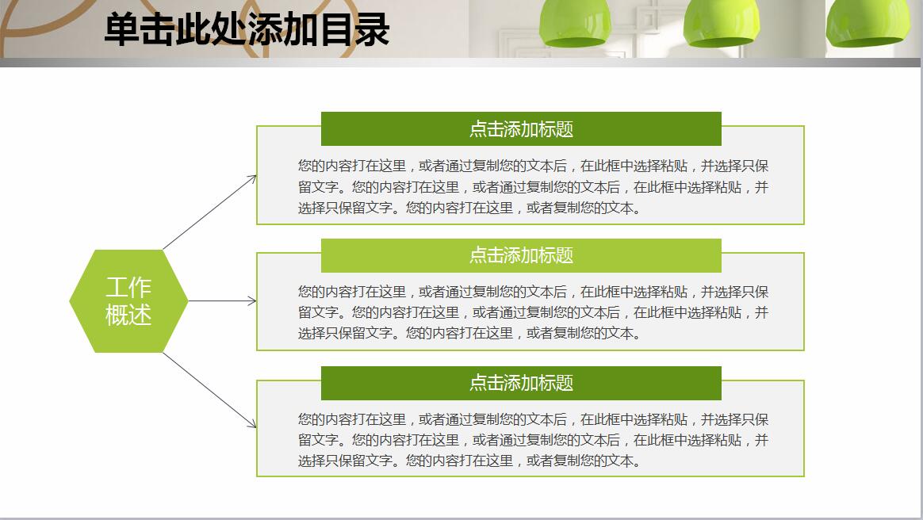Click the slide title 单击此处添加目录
(x=247, y=29)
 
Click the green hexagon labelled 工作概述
(x=128, y=301)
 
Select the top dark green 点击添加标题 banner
(x=521, y=128)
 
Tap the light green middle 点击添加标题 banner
(x=521, y=255)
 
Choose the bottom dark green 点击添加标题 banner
(x=521, y=383)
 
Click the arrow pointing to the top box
(x=210, y=212)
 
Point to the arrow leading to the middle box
(x=222, y=301)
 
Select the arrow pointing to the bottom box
(x=210, y=390)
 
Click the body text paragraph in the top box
(x=533, y=187)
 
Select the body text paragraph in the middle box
(x=533, y=312)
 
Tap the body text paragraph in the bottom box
(x=533, y=440)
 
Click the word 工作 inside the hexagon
(x=128, y=287)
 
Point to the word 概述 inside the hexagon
(x=128, y=315)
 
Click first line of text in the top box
(x=533, y=166)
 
